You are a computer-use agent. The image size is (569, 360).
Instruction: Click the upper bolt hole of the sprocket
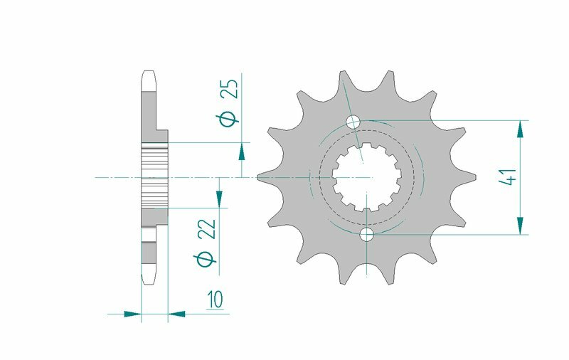coord(353,121)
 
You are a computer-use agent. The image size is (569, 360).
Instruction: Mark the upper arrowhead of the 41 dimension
coord(521,129)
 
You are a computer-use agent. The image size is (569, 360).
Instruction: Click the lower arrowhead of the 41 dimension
coord(521,225)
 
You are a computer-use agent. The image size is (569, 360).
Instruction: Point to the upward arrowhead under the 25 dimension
coord(243,151)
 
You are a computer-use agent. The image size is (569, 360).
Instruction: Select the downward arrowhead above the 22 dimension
coord(220,198)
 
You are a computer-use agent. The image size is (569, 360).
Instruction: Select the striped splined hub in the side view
coord(154,175)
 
